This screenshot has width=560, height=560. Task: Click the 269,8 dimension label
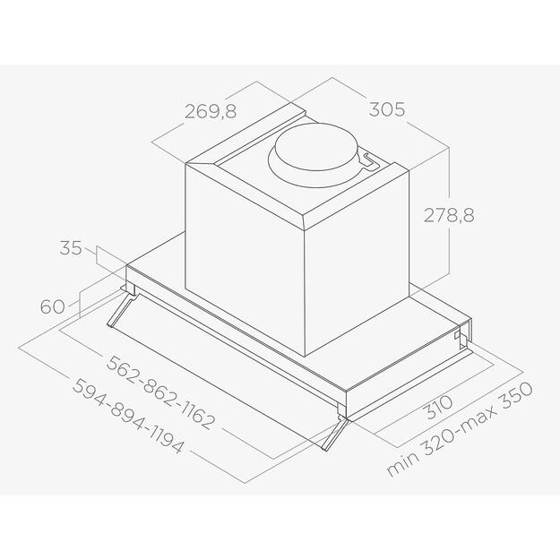tap(211, 111)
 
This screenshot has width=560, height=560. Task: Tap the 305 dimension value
tap(387, 109)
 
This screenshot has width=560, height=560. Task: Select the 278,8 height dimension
tap(449, 215)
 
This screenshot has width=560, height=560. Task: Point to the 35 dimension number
tap(71, 248)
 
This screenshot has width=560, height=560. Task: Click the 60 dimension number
tap(53, 306)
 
